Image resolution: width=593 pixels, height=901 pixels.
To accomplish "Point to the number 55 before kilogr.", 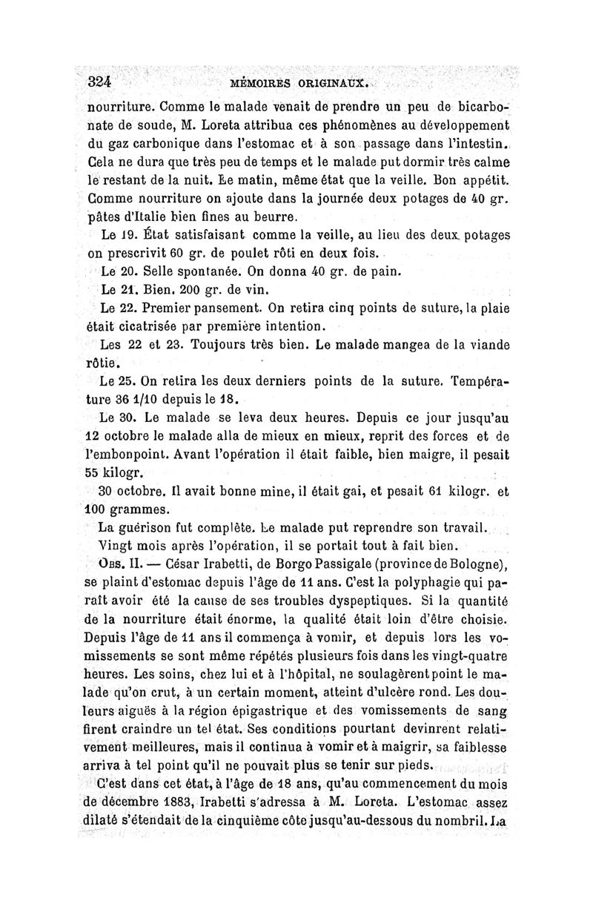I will tap(98, 472).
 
